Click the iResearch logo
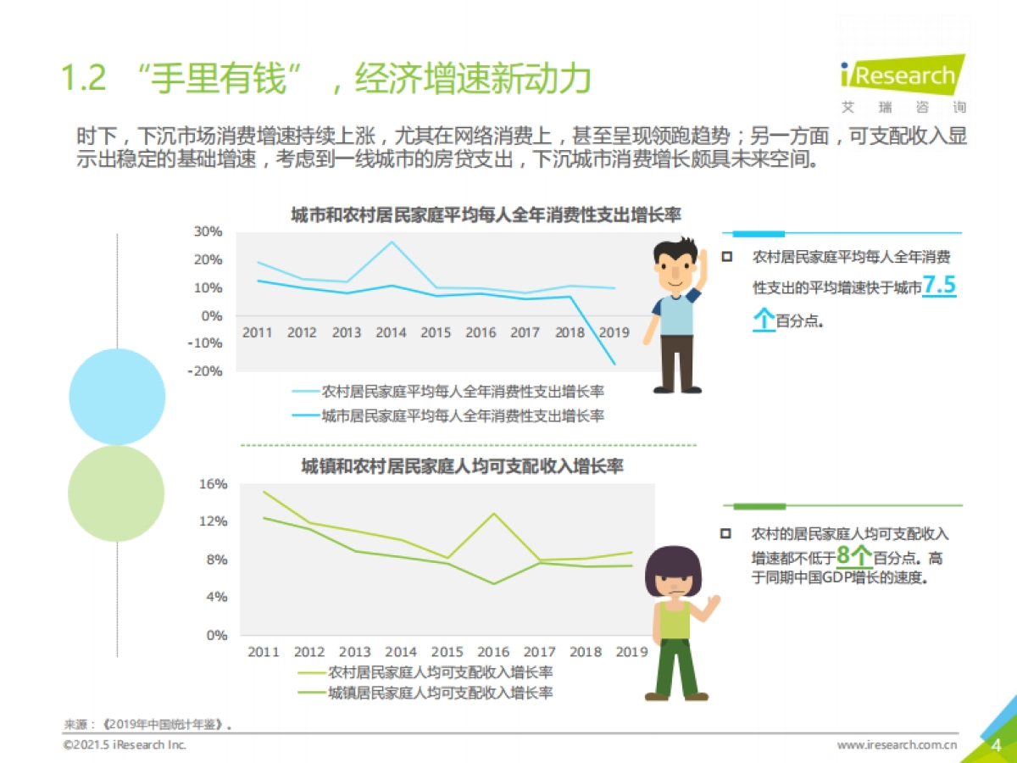click(x=901, y=76)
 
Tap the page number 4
click(x=997, y=745)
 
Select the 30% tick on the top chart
click(x=208, y=231)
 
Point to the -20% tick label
click(x=207, y=371)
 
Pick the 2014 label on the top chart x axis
click(x=391, y=332)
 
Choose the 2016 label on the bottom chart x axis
click(x=493, y=652)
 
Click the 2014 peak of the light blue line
click(x=391, y=242)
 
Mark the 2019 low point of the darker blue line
click(x=614, y=365)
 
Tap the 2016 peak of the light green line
click(x=493, y=514)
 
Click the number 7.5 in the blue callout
click(x=939, y=287)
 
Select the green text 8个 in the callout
click(x=853, y=555)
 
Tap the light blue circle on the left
click(x=117, y=396)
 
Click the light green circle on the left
click(x=116, y=493)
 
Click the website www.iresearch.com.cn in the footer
click(x=898, y=745)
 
